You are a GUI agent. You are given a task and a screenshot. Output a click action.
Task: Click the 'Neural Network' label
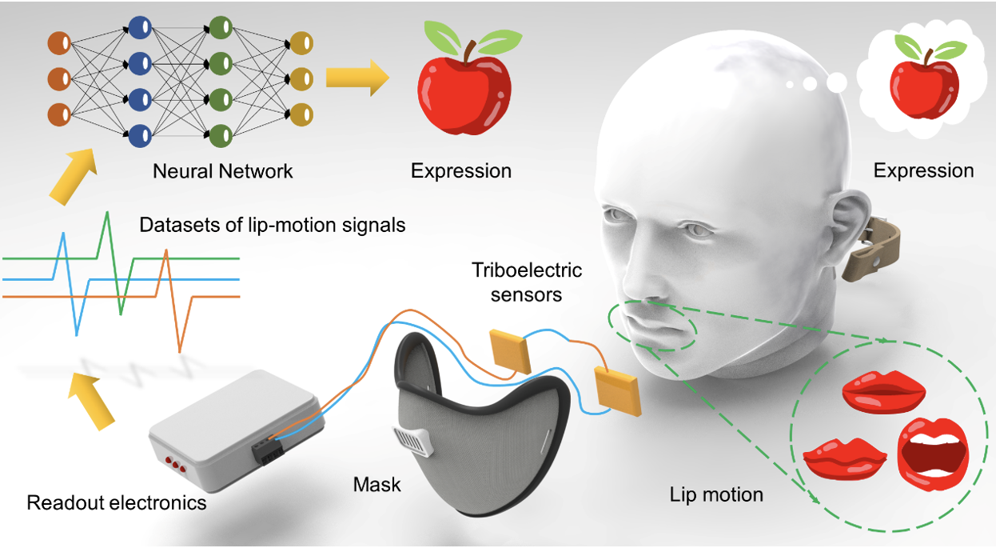coord(222,171)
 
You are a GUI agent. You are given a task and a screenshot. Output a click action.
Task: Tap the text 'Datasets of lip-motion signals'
coord(272,225)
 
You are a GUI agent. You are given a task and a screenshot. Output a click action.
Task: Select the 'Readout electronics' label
coord(117,502)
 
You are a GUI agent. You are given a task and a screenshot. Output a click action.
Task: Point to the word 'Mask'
coord(377,484)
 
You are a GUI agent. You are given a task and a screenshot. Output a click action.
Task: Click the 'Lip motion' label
coord(716,495)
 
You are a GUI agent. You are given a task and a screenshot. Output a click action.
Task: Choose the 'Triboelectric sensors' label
coord(527,282)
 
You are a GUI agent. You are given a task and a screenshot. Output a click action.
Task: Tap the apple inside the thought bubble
coord(925,77)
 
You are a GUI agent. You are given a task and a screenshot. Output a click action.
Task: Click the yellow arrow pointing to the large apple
coord(357,78)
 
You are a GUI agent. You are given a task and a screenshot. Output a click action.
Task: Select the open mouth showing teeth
coord(933,454)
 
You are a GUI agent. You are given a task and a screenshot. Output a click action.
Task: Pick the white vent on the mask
coord(412,441)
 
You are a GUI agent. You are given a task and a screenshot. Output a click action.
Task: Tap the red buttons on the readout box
coord(176,464)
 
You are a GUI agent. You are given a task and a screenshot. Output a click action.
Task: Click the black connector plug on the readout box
coord(267,450)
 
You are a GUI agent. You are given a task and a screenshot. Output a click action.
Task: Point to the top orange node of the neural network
coord(60,43)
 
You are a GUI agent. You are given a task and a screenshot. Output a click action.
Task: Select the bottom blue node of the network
coord(140,135)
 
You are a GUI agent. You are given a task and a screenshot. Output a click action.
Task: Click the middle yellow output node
coord(301,78)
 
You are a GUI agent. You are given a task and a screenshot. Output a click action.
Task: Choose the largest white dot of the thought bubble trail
coord(837,82)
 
